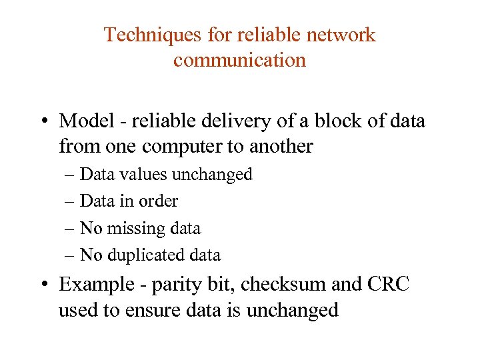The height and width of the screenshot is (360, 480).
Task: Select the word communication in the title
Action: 239,60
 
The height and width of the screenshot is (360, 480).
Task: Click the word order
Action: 158,201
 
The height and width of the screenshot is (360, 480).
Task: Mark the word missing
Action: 133,228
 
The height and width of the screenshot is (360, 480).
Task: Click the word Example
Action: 93,285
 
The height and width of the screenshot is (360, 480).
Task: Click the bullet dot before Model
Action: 43,122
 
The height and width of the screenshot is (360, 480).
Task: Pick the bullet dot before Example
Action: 43,285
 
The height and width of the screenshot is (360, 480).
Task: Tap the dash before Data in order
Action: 71,201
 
